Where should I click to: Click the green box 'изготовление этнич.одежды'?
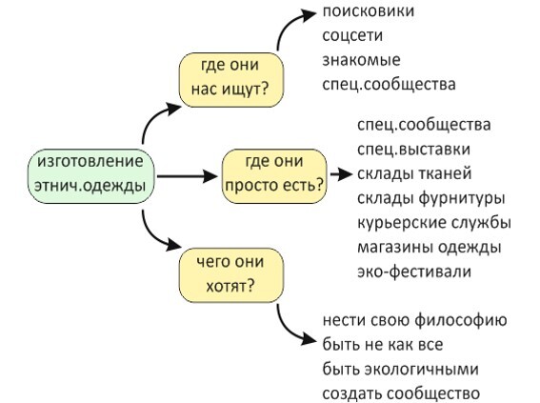pos(90,176)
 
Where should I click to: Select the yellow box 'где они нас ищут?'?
pos(231,80)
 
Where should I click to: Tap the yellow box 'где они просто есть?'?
pos(274,176)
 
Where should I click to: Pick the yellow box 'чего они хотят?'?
pos(231,275)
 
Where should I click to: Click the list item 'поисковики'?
pos(369,11)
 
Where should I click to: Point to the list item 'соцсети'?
pos(352,35)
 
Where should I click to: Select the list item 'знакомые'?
pos(361,60)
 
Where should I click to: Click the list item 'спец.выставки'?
pos(413,150)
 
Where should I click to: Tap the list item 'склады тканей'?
pos(414,173)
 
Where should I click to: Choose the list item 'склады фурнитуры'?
pos(431,198)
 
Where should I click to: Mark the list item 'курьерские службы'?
pos(434,223)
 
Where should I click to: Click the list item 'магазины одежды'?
pos(430,248)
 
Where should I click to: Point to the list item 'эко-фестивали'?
pos(414,272)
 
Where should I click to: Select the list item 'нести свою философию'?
pos(414,320)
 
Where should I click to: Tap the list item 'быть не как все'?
pos(383,345)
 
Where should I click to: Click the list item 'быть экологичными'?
pos(401,369)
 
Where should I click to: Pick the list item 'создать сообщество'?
pos(401,393)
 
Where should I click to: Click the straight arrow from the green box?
pos(187,176)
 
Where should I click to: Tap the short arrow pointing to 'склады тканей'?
pos(341,174)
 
